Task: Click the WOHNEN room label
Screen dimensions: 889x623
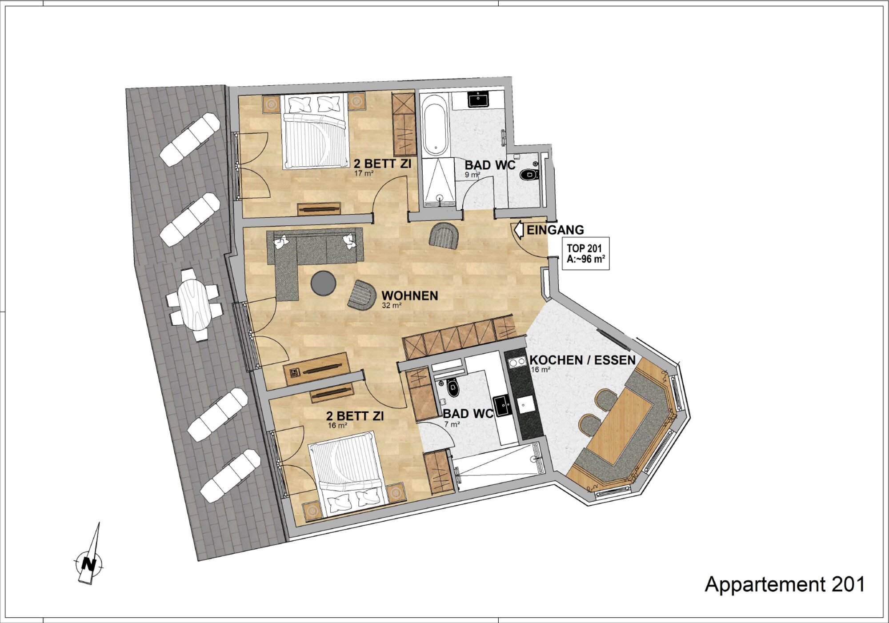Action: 409,296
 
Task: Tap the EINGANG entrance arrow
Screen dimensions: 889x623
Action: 518,230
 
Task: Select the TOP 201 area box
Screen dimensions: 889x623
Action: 585,254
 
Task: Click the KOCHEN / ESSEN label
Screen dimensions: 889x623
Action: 582,360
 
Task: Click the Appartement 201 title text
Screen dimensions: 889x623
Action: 785,584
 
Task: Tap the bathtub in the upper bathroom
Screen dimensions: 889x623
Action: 435,125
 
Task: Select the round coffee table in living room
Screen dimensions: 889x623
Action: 324,283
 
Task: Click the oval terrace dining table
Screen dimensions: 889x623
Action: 194,304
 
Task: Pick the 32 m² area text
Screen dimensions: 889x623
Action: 392,306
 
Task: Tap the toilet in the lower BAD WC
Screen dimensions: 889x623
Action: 453,388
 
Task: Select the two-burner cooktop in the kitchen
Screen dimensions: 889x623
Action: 517,362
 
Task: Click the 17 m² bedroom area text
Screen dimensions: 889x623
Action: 364,173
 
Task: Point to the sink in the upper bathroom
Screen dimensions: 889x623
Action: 478,99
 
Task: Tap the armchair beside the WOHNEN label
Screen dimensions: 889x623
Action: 362,295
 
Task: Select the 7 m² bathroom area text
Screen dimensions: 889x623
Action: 452,424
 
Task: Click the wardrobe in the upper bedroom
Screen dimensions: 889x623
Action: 404,124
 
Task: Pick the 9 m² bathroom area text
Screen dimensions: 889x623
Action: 473,175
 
